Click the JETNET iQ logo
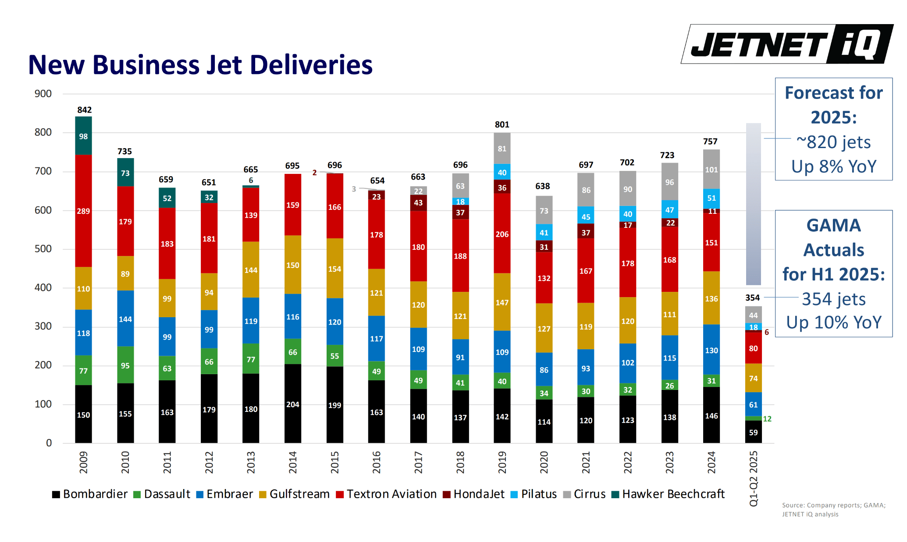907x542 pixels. [x=787, y=44]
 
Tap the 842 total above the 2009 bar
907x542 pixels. [x=84, y=110]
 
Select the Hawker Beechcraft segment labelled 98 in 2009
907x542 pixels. [x=83, y=136]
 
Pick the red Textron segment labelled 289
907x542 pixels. [x=83, y=211]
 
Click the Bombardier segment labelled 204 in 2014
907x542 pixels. [x=292, y=404]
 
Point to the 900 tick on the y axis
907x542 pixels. [x=43, y=94]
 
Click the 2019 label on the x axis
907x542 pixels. [x=502, y=462]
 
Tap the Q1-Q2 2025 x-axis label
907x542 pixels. [x=753, y=478]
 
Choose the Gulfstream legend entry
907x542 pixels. [x=294, y=494]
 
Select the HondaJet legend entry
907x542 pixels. [x=474, y=494]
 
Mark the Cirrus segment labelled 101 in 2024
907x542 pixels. [x=711, y=170]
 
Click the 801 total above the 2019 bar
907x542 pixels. [x=502, y=125]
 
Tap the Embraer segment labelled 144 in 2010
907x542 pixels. [x=125, y=319]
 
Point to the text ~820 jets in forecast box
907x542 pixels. [x=833, y=142]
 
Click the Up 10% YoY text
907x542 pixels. [x=833, y=322]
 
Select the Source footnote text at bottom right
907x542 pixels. [x=833, y=510]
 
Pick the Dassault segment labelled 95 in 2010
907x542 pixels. [x=125, y=365]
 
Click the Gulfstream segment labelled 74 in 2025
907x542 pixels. [x=753, y=378]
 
